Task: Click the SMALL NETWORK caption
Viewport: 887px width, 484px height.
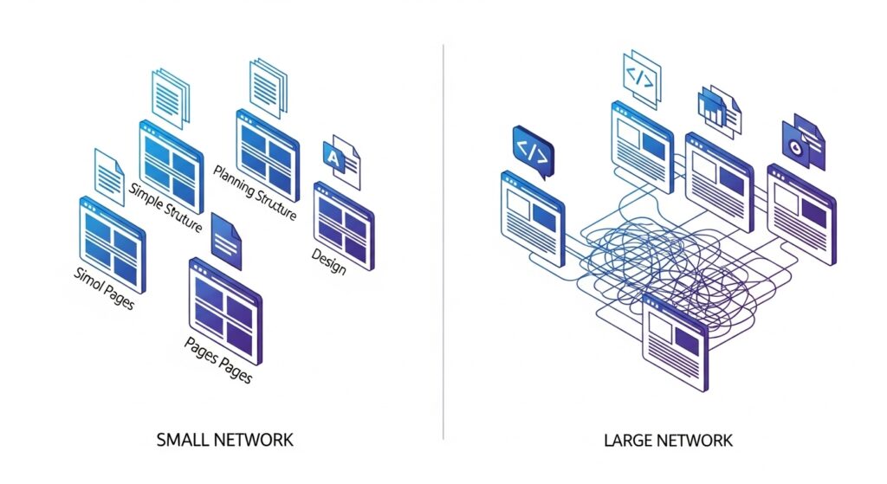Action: (224, 440)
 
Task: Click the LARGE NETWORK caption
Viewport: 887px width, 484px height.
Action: (668, 441)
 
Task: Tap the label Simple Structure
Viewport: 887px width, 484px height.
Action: (165, 208)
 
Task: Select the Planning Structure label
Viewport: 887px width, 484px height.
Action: (255, 192)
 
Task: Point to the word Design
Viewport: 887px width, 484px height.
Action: (328, 261)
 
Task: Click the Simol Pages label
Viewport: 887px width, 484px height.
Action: (104, 288)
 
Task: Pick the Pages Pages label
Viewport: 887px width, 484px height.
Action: (218, 360)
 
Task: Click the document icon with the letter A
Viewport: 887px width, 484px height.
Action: (341, 161)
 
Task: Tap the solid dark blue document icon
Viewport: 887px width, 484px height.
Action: (226, 241)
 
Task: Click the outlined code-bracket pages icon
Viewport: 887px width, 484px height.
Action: (642, 79)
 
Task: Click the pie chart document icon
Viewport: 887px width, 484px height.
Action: (804, 142)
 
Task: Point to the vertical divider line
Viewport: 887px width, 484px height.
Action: (443, 242)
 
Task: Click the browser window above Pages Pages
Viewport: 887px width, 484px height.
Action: (226, 311)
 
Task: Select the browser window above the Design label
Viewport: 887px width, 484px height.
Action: (343, 226)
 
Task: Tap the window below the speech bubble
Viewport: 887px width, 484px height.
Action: (533, 218)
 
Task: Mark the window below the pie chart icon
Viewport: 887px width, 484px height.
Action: (801, 214)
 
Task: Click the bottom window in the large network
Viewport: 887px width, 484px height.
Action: (676, 342)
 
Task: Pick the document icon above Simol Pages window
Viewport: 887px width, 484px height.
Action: (109, 177)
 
